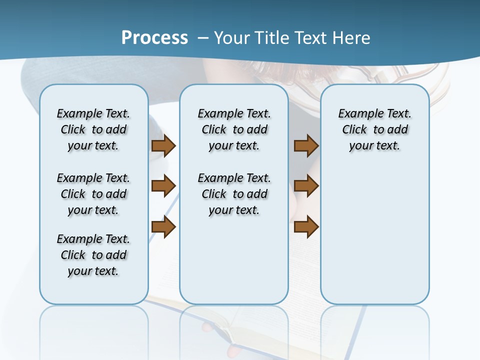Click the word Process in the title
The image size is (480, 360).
pyautogui.click(x=154, y=37)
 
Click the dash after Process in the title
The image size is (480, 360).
pyautogui.click(x=202, y=38)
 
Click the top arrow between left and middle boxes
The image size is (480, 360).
pyautogui.click(x=163, y=145)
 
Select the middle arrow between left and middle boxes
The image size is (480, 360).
pyautogui.click(x=163, y=186)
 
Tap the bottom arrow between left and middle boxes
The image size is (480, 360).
pyautogui.click(x=163, y=227)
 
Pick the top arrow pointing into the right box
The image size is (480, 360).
pyautogui.click(x=306, y=145)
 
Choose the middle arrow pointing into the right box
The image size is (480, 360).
pyautogui.click(x=306, y=186)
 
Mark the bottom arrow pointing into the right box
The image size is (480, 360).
pyautogui.click(x=306, y=227)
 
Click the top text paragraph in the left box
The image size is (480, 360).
pyautogui.click(x=93, y=129)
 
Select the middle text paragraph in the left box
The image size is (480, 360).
pyautogui.click(x=93, y=194)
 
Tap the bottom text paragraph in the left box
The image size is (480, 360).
pyautogui.click(x=93, y=255)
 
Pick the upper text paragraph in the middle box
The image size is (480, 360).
pyautogui.click(x=234, y=129)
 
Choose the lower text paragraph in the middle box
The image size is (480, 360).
pyautogui.click(x=234, y=194)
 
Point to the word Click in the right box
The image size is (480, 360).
pyautogui.click(x=354, y=130)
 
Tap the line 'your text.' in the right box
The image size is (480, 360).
pyautogui.click(x=374, y=146)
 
